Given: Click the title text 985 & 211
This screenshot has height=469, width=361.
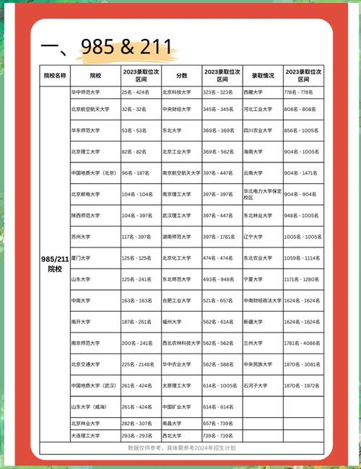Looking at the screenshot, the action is tap(108, 48).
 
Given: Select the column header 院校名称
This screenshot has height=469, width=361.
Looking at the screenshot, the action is tap(55, 75).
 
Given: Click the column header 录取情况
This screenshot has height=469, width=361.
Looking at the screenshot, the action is tap(263, 75).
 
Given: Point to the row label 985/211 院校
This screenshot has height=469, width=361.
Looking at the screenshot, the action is tap(55, 263).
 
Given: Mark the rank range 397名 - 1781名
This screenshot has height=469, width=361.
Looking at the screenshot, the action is tap(221, 237).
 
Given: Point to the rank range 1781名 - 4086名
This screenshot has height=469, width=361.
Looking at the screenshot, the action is tap(301, 343).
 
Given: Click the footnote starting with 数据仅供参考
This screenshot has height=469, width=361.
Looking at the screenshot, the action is tap(181, 448).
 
